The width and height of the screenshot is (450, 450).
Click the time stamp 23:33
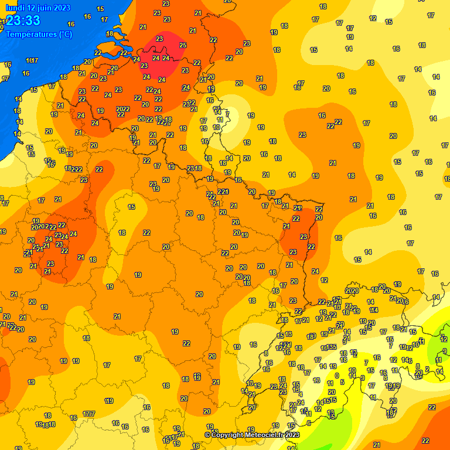pos(23,21)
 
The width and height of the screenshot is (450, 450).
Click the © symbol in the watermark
pos(207,435)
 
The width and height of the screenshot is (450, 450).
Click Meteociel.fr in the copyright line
pos(266,435)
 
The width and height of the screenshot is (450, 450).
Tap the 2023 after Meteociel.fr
pos(292,435)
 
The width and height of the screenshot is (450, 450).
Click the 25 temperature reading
pos(183,45)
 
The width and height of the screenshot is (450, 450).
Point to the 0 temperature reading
pos(336,376)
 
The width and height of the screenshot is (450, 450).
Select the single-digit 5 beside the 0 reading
pos(342,382)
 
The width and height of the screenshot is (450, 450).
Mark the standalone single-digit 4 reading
pos(301,394)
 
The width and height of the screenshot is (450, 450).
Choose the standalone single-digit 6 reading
pos(308,423)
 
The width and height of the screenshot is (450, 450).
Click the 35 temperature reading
pos(333,347)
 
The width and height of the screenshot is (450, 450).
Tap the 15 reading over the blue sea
pos(100,9)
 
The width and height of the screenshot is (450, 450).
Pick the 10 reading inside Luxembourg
pos(217,127)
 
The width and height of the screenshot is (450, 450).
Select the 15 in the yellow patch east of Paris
pos(132,207)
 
